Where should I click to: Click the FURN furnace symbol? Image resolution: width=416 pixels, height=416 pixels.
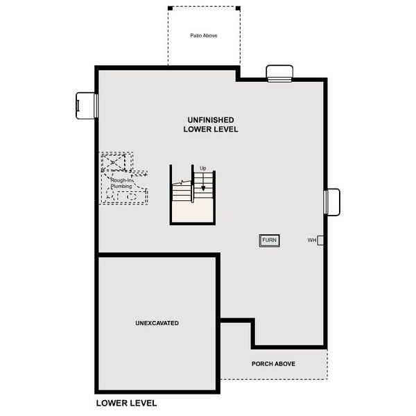[x=269, y=241]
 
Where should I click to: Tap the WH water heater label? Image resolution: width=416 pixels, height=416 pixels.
[x=312, y=241]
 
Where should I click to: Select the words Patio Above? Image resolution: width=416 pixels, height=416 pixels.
[x=205, y=35]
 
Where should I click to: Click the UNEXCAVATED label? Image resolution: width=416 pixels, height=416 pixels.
[x=157, y=324]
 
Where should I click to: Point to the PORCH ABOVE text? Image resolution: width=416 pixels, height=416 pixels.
[x=274, y=364]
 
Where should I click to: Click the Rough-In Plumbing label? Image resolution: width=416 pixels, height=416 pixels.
[x=122, y=184]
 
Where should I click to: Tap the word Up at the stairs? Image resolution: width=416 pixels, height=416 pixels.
[x=203, y=168]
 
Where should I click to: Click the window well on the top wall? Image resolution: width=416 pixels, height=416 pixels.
[x=280, y=73]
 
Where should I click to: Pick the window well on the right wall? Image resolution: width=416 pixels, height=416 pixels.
[x=333, y=202]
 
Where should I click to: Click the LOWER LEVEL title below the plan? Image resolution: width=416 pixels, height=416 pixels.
[x=126, y=403]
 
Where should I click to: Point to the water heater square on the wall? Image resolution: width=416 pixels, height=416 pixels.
[x=320, y=241]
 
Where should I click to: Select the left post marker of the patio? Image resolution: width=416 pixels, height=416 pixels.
[x=169, y=8]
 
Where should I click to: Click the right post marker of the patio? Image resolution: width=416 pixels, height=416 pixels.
[x=239, y=8]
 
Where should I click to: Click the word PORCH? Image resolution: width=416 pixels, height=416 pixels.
[x=260, y=364]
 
